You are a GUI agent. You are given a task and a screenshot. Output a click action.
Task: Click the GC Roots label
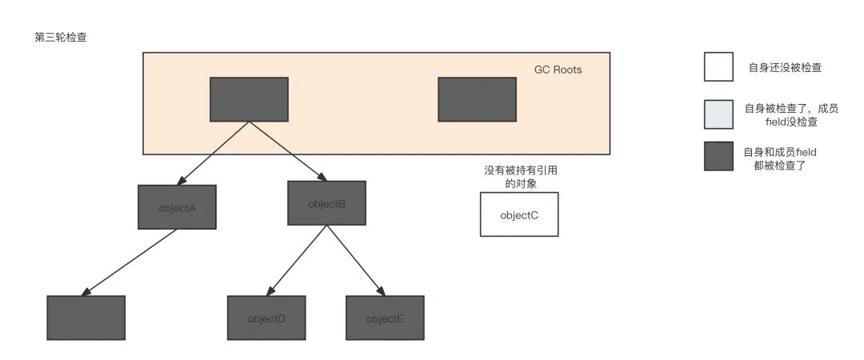558,70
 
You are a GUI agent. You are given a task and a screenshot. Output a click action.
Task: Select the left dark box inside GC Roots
249,99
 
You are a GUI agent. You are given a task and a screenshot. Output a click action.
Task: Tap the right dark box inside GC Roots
477,99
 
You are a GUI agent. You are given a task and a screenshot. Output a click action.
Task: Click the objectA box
177,208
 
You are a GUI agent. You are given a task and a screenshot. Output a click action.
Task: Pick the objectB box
326,203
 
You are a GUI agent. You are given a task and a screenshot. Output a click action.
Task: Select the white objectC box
519,214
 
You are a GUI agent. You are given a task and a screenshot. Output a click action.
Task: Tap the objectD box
266,318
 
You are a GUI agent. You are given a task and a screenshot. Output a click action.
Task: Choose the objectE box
385,318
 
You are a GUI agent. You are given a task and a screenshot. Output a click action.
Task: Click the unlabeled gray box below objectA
86,318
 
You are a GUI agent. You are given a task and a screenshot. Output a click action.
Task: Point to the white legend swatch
718,68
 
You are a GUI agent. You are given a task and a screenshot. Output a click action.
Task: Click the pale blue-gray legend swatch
718,114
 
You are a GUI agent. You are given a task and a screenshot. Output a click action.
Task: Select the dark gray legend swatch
718,156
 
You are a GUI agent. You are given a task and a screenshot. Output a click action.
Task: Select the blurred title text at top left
61,36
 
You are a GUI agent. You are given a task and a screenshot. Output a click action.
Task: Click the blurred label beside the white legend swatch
786,68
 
